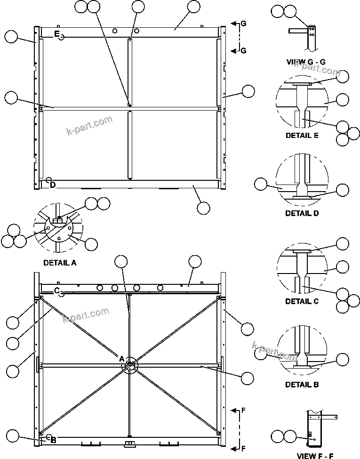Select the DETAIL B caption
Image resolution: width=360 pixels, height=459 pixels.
pyautogui.click(x=302, y=385)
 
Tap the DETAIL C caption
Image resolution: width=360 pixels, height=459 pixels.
pyautogui.click(x=302, y=301)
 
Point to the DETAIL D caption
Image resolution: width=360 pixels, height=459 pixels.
pyautogui.click(x=302, y=213)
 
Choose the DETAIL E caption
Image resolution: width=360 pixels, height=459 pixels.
pyautogui.click(x=302, y=135)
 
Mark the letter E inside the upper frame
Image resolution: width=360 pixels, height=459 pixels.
pyautogui.click(x=56, y=33)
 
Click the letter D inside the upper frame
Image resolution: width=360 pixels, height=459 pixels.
pyautogui.click(x=53, y=185)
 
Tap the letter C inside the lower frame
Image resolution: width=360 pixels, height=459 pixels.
pyautogui.click(x=56, y=290)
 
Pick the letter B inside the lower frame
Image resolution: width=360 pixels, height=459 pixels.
pyautogui.click(x=53, y=440)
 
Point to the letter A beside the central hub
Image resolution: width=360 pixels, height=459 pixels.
pyautogui.click(x=121, y=359)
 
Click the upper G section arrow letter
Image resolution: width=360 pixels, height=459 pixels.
pyautogui.click(x=243, y=23)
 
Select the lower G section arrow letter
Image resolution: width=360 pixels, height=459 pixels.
pyautogui.click(x=243, y=51)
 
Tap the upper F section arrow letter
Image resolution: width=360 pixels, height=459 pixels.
pyautogui.click(x=243, y=411)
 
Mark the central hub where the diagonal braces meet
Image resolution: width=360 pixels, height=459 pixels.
pyautogui.click(x=130, y=365)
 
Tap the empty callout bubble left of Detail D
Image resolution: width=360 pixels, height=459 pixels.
pyautogui.click(x=261, y=185)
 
